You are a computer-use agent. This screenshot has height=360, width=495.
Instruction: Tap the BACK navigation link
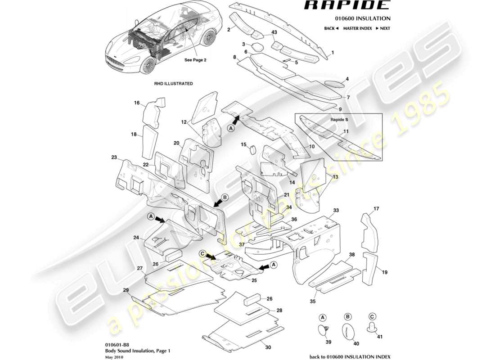(x=332, y=28)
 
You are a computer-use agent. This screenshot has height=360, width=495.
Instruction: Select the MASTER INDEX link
(x=357, y=28)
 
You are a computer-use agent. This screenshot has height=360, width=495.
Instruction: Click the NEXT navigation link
(x=383, y=28)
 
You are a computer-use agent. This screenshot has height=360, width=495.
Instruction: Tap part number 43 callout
(x=274, y=33)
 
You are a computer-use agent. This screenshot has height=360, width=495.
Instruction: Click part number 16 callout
(x=137, y=103)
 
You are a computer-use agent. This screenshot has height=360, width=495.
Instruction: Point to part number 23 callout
(x=114, y=157)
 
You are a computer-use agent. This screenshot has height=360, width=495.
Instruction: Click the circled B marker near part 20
(x=225, y=197)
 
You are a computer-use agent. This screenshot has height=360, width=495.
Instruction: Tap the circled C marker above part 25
(x=202, y=254)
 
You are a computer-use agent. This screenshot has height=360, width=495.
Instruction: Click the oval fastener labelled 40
(x=347, y=330)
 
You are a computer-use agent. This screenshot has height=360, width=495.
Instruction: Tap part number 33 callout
(x=335, y=210)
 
